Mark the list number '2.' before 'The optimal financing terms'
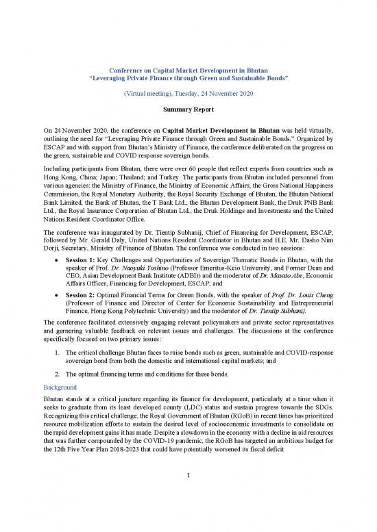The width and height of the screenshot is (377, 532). click(x=55, y=374)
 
